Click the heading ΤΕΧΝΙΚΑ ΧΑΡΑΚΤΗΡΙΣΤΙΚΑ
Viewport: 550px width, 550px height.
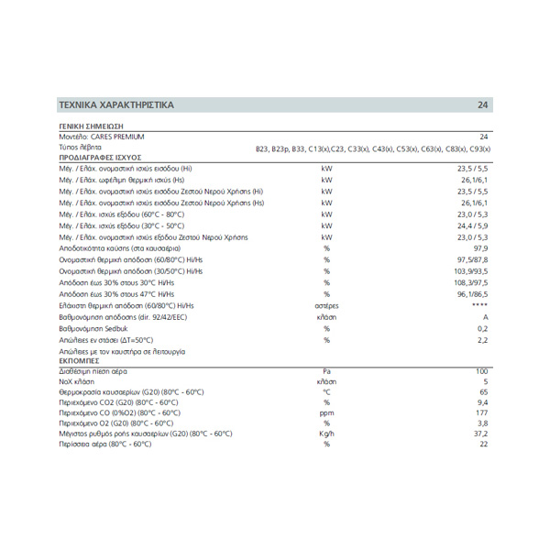pos(115,105)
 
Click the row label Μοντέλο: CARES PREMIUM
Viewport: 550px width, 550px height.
pos(102,137)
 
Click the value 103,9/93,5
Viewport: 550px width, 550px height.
pos(471,271)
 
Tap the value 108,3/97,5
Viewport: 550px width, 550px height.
pos(471,282)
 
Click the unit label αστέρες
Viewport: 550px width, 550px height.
pos(326,305)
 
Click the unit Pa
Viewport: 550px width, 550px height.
pos(326,372)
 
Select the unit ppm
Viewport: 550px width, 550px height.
pos(326,412)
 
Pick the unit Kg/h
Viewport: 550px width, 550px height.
pos(326,434)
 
